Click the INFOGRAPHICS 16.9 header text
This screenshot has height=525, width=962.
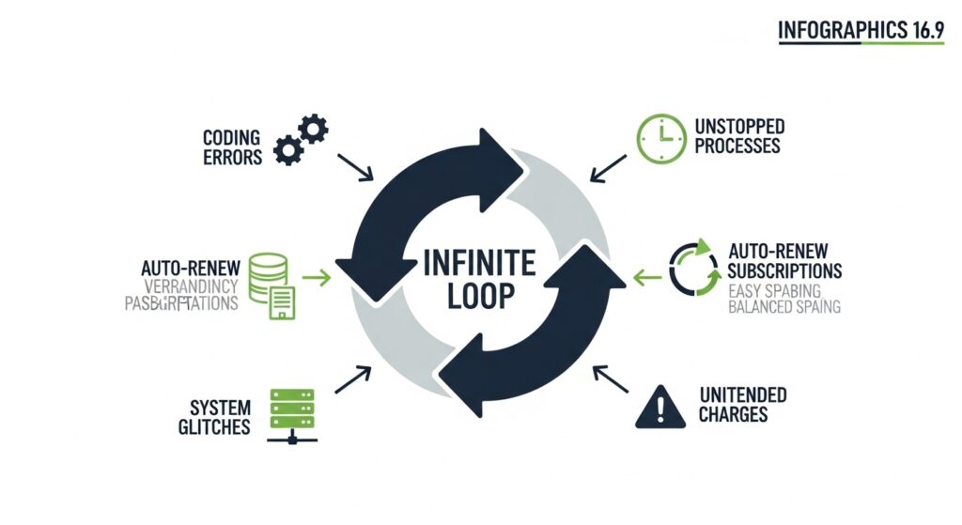860,31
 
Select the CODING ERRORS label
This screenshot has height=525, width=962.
232,147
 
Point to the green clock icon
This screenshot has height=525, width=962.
661,139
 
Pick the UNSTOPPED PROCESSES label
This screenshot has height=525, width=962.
739,136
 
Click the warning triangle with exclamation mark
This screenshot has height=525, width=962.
661,407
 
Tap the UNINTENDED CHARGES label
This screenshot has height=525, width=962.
742,405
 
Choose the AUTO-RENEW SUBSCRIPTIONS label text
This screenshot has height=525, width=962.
784,261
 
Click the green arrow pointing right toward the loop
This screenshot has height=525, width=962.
317,277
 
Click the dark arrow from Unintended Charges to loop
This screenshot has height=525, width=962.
611,378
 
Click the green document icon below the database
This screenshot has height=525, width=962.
283,302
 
